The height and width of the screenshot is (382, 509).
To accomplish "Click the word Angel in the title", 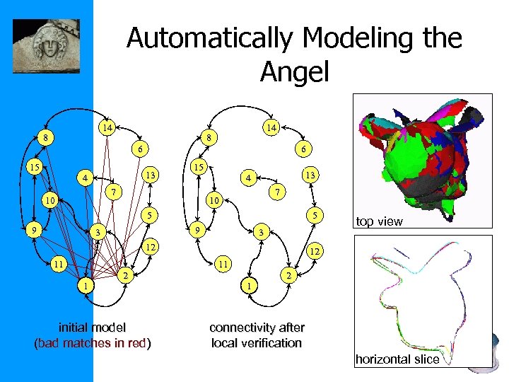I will click(294, 70).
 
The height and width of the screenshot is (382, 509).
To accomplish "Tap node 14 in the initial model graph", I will click(106, 128).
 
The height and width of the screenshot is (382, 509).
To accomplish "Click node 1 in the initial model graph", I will click(86, 286).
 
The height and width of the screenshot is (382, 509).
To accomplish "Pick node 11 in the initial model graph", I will click(59, 263).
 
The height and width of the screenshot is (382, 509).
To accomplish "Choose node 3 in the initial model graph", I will click(100, 233).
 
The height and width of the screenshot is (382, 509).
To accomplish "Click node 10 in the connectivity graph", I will click(213, 202).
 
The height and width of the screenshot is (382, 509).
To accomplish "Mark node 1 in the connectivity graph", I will click(248, 286).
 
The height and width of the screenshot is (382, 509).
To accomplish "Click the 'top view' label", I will click(380, 221).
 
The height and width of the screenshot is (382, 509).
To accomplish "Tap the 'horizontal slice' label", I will click(397, 359).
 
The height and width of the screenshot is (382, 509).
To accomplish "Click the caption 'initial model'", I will click(93, 328).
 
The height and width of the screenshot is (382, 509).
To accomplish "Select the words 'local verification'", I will click(257, 343).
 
